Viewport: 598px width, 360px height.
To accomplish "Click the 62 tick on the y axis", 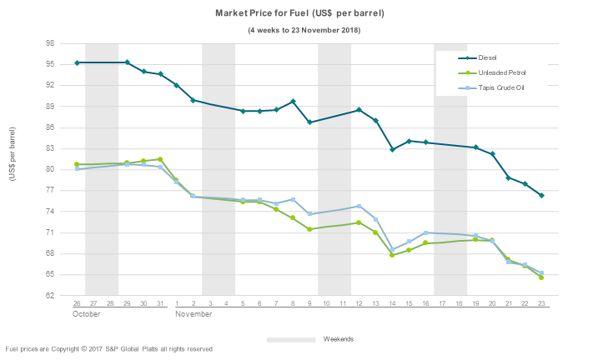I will coord(50,295).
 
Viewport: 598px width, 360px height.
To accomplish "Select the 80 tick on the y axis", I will coord(50,169).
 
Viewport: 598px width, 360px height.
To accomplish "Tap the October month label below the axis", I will coord(86,316).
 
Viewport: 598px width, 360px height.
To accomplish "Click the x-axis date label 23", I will coord(541,303).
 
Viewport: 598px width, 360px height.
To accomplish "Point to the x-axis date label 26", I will coord(77,303).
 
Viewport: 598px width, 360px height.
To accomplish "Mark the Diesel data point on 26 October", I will coord(77,62).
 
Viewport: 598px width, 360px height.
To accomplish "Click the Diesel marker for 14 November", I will coord(392,149).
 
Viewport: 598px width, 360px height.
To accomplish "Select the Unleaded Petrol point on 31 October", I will coord(160,159).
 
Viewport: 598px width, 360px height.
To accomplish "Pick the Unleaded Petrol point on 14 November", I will coord(392,255).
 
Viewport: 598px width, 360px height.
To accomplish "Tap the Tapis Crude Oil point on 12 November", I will coord(359,206).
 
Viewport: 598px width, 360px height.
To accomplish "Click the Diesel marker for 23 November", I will coord(541,195).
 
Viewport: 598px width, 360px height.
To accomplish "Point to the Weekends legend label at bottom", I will coord(339,339).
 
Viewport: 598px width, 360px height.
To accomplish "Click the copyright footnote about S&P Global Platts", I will coord(108,348).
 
